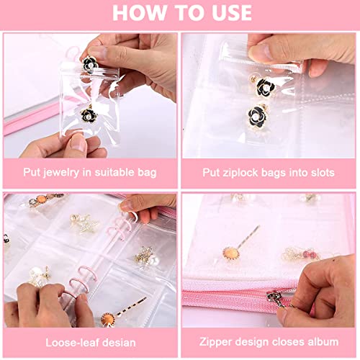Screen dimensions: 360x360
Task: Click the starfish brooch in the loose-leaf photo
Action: tap(81, 225)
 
